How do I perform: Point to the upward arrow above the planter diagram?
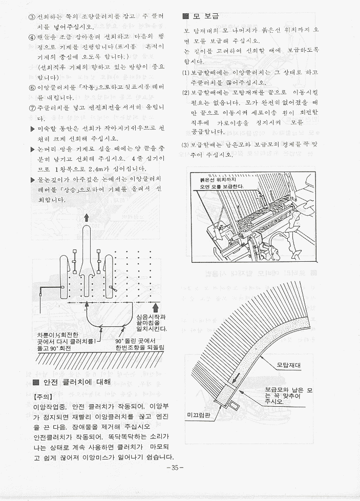[87, 217]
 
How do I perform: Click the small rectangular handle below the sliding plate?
[234, 405]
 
